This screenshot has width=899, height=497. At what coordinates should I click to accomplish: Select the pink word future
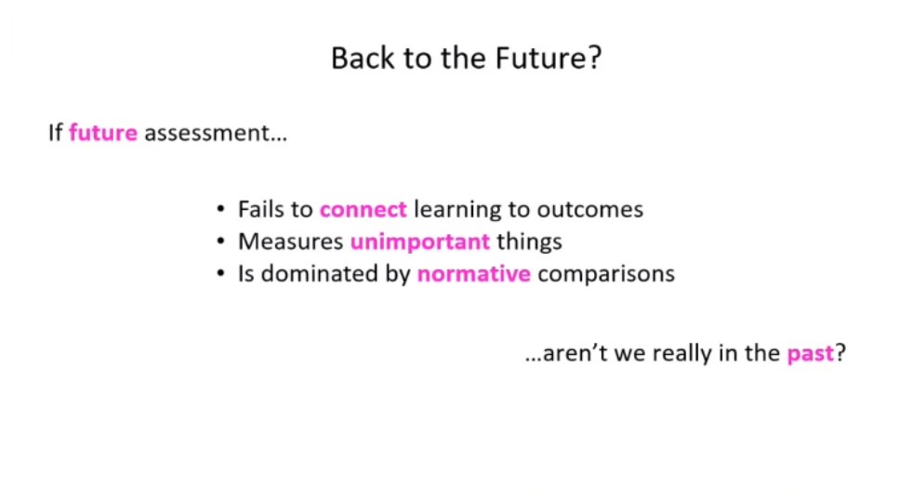pyautogui.click(x=102, y=133)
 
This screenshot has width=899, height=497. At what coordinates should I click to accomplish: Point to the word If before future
pyautogui.click(x=55, y=133)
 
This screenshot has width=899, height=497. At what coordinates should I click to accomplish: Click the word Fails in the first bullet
pyautogui.click(x=261, y=209)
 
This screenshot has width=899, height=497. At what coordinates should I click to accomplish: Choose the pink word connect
pyautogui.click(x=363, y=209)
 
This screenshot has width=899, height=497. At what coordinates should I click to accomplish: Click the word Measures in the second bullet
pyautogui.click(x=290, y=242)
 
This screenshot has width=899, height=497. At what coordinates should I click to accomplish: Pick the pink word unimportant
pyautogui.click(x=419, y=242)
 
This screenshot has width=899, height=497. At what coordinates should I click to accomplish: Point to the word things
pyautogui.click(x=529, y=242)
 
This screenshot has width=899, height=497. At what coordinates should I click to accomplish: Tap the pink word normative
pyautogui.click(x=473, y=274)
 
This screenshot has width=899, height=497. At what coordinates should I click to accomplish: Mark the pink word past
pyautogui.click(x=810, y=355)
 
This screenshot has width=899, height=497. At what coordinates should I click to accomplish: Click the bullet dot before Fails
pyautogui.click(x=220, y=210)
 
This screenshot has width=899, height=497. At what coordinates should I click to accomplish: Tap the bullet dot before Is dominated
pyautogui.click(x=220, y=275)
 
